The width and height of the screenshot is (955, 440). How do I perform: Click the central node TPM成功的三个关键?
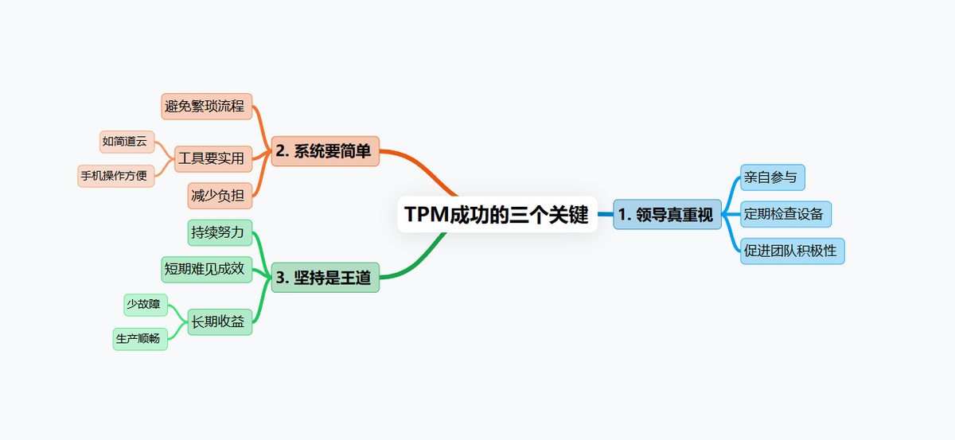(x=497, y=215)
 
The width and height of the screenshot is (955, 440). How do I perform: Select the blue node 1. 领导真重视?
(x=666, y=214)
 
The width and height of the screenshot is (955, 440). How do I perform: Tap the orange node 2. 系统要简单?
(x=325, y=151)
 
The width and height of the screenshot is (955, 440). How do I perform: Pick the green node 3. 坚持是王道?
(x=325, y=278)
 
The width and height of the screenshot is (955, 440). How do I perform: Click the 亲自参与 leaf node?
(x=773, y=177)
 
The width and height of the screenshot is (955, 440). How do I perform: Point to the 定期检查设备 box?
(x=785, y=214)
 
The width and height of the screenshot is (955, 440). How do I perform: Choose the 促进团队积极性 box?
(x=792, y=251)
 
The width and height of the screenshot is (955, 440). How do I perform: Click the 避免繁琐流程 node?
(x=206, y=106)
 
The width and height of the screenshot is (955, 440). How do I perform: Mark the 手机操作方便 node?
(x=115, y=175)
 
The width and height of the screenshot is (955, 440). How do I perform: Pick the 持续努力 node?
(x=220, y=232)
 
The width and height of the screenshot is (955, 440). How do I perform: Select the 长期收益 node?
(x=220, y=321)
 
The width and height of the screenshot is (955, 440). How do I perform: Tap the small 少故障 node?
(x=143, y=304)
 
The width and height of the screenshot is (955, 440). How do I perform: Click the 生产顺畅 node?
(x=140, y=338)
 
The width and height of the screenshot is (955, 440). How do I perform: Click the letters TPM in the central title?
(x=426, y=215)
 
